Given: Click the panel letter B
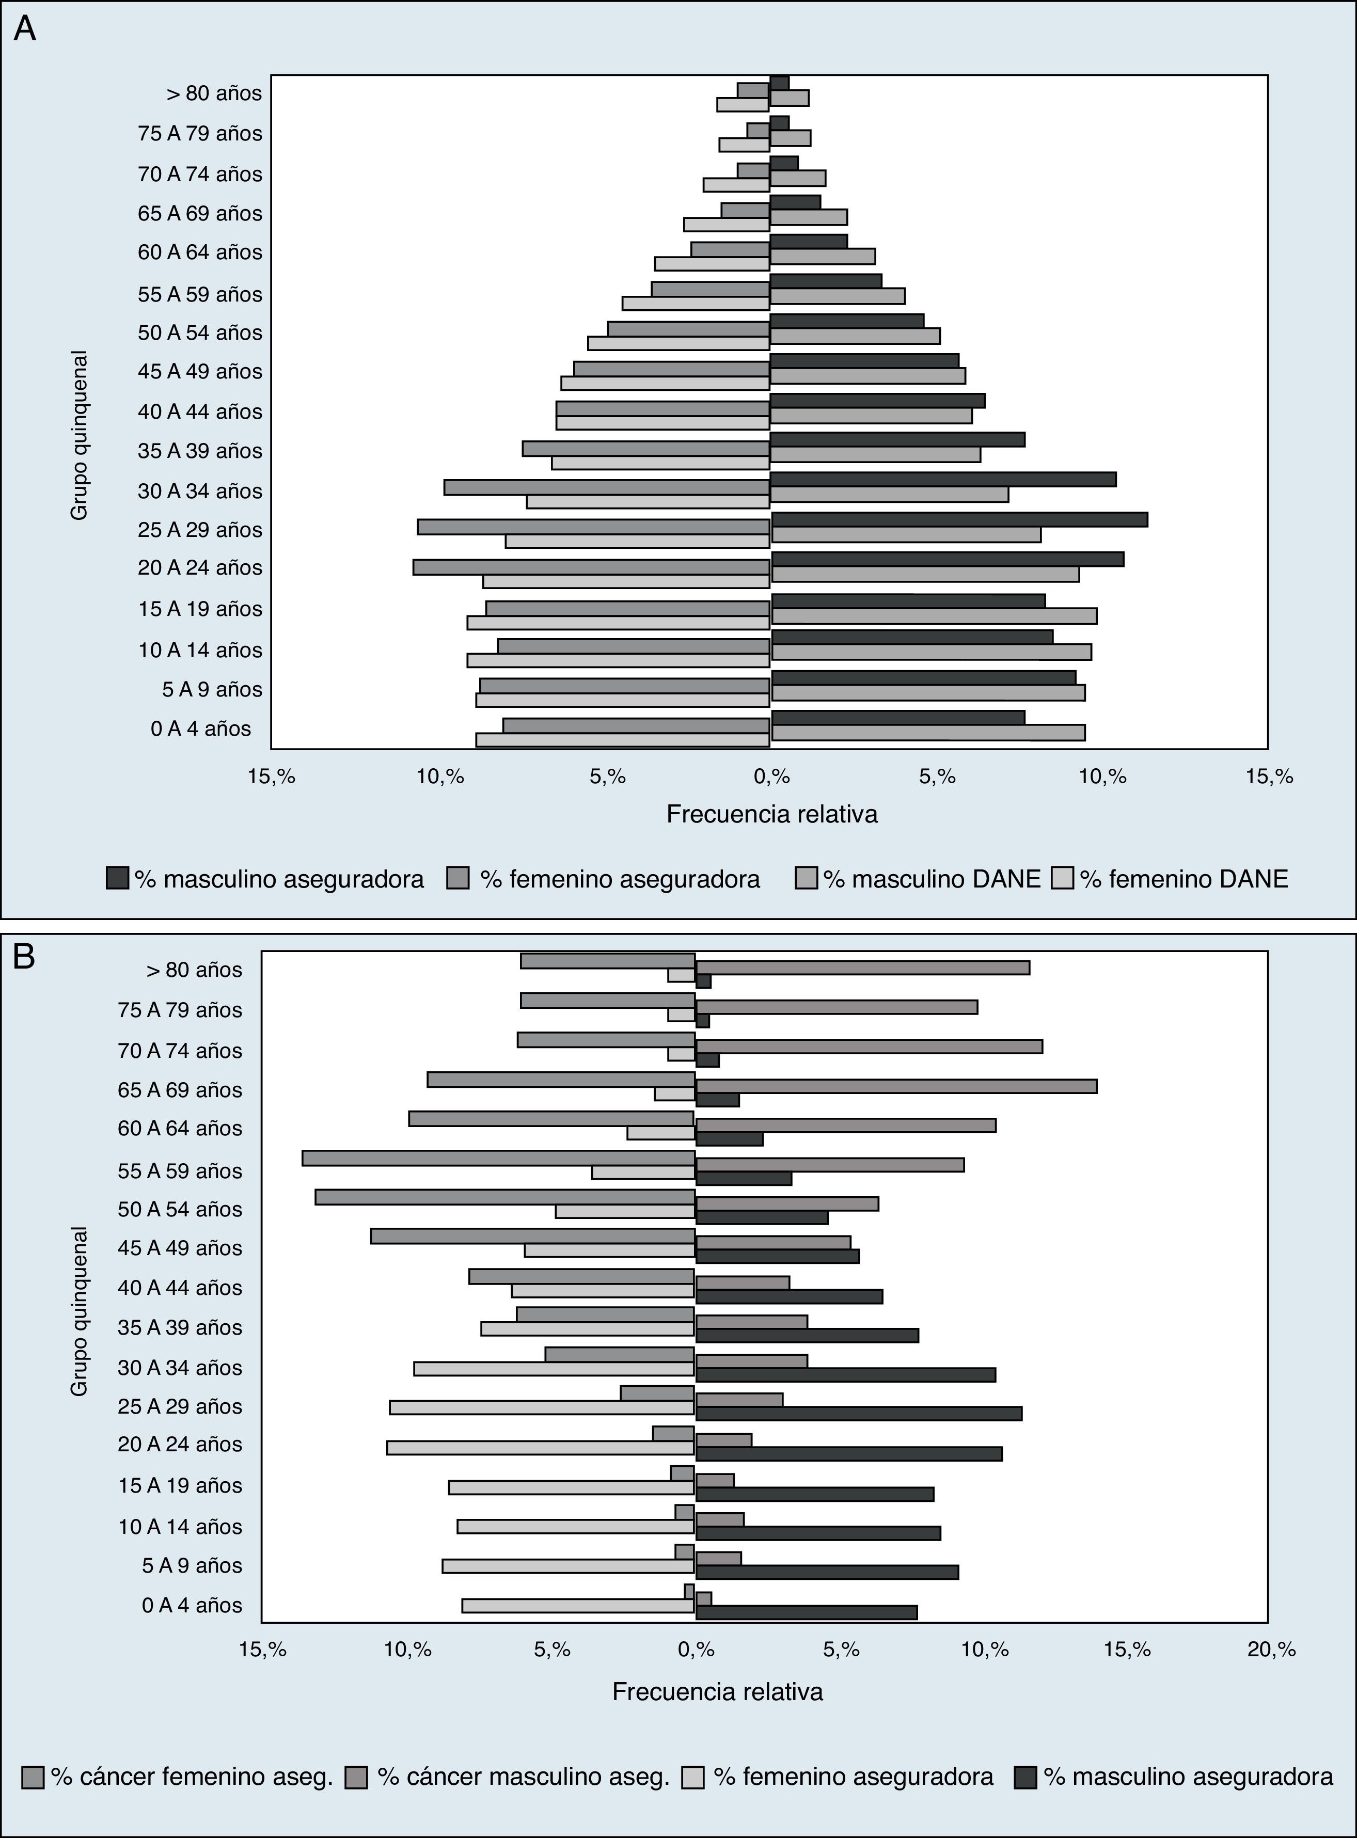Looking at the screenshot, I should coord(24,957).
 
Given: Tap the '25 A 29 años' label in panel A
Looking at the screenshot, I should coord(200,530).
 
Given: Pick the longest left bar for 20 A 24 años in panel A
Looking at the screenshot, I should coord(591,567).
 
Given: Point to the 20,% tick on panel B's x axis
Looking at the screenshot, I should coord(1271,1649).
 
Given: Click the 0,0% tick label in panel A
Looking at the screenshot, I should coord(770,776).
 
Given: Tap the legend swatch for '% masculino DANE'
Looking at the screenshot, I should coord(807,879).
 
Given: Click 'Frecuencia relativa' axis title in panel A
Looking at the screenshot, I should coord(771,814).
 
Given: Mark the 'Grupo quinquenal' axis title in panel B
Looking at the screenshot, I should coord(79,1311).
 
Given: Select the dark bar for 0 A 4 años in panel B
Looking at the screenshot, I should coord(806,1612).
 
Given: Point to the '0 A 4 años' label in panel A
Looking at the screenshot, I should coord(200,728).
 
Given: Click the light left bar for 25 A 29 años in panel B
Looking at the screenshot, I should coord(542,1407).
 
